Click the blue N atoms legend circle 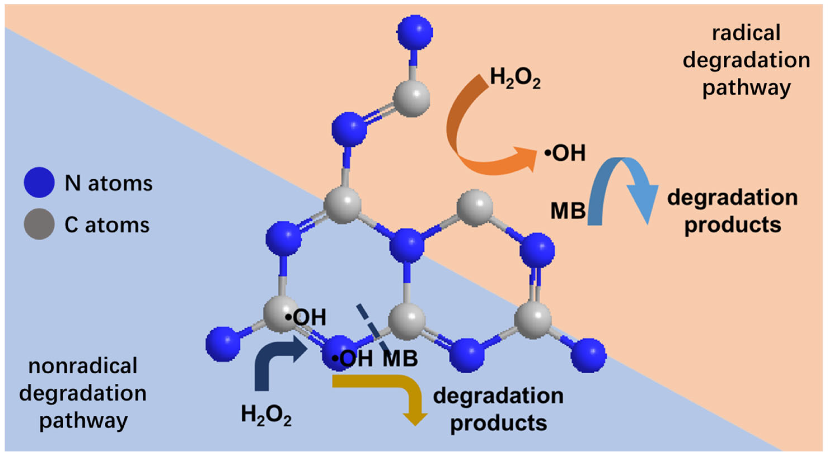point(39,182)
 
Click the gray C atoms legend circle point(39,224)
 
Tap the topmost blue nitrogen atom point(415,32)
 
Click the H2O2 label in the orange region point(515,79)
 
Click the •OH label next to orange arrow point(565,153)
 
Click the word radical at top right point(746,33)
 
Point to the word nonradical point(83,366)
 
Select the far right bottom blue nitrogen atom point(588,355)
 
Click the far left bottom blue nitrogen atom point(223,344)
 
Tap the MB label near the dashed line point(400,359)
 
